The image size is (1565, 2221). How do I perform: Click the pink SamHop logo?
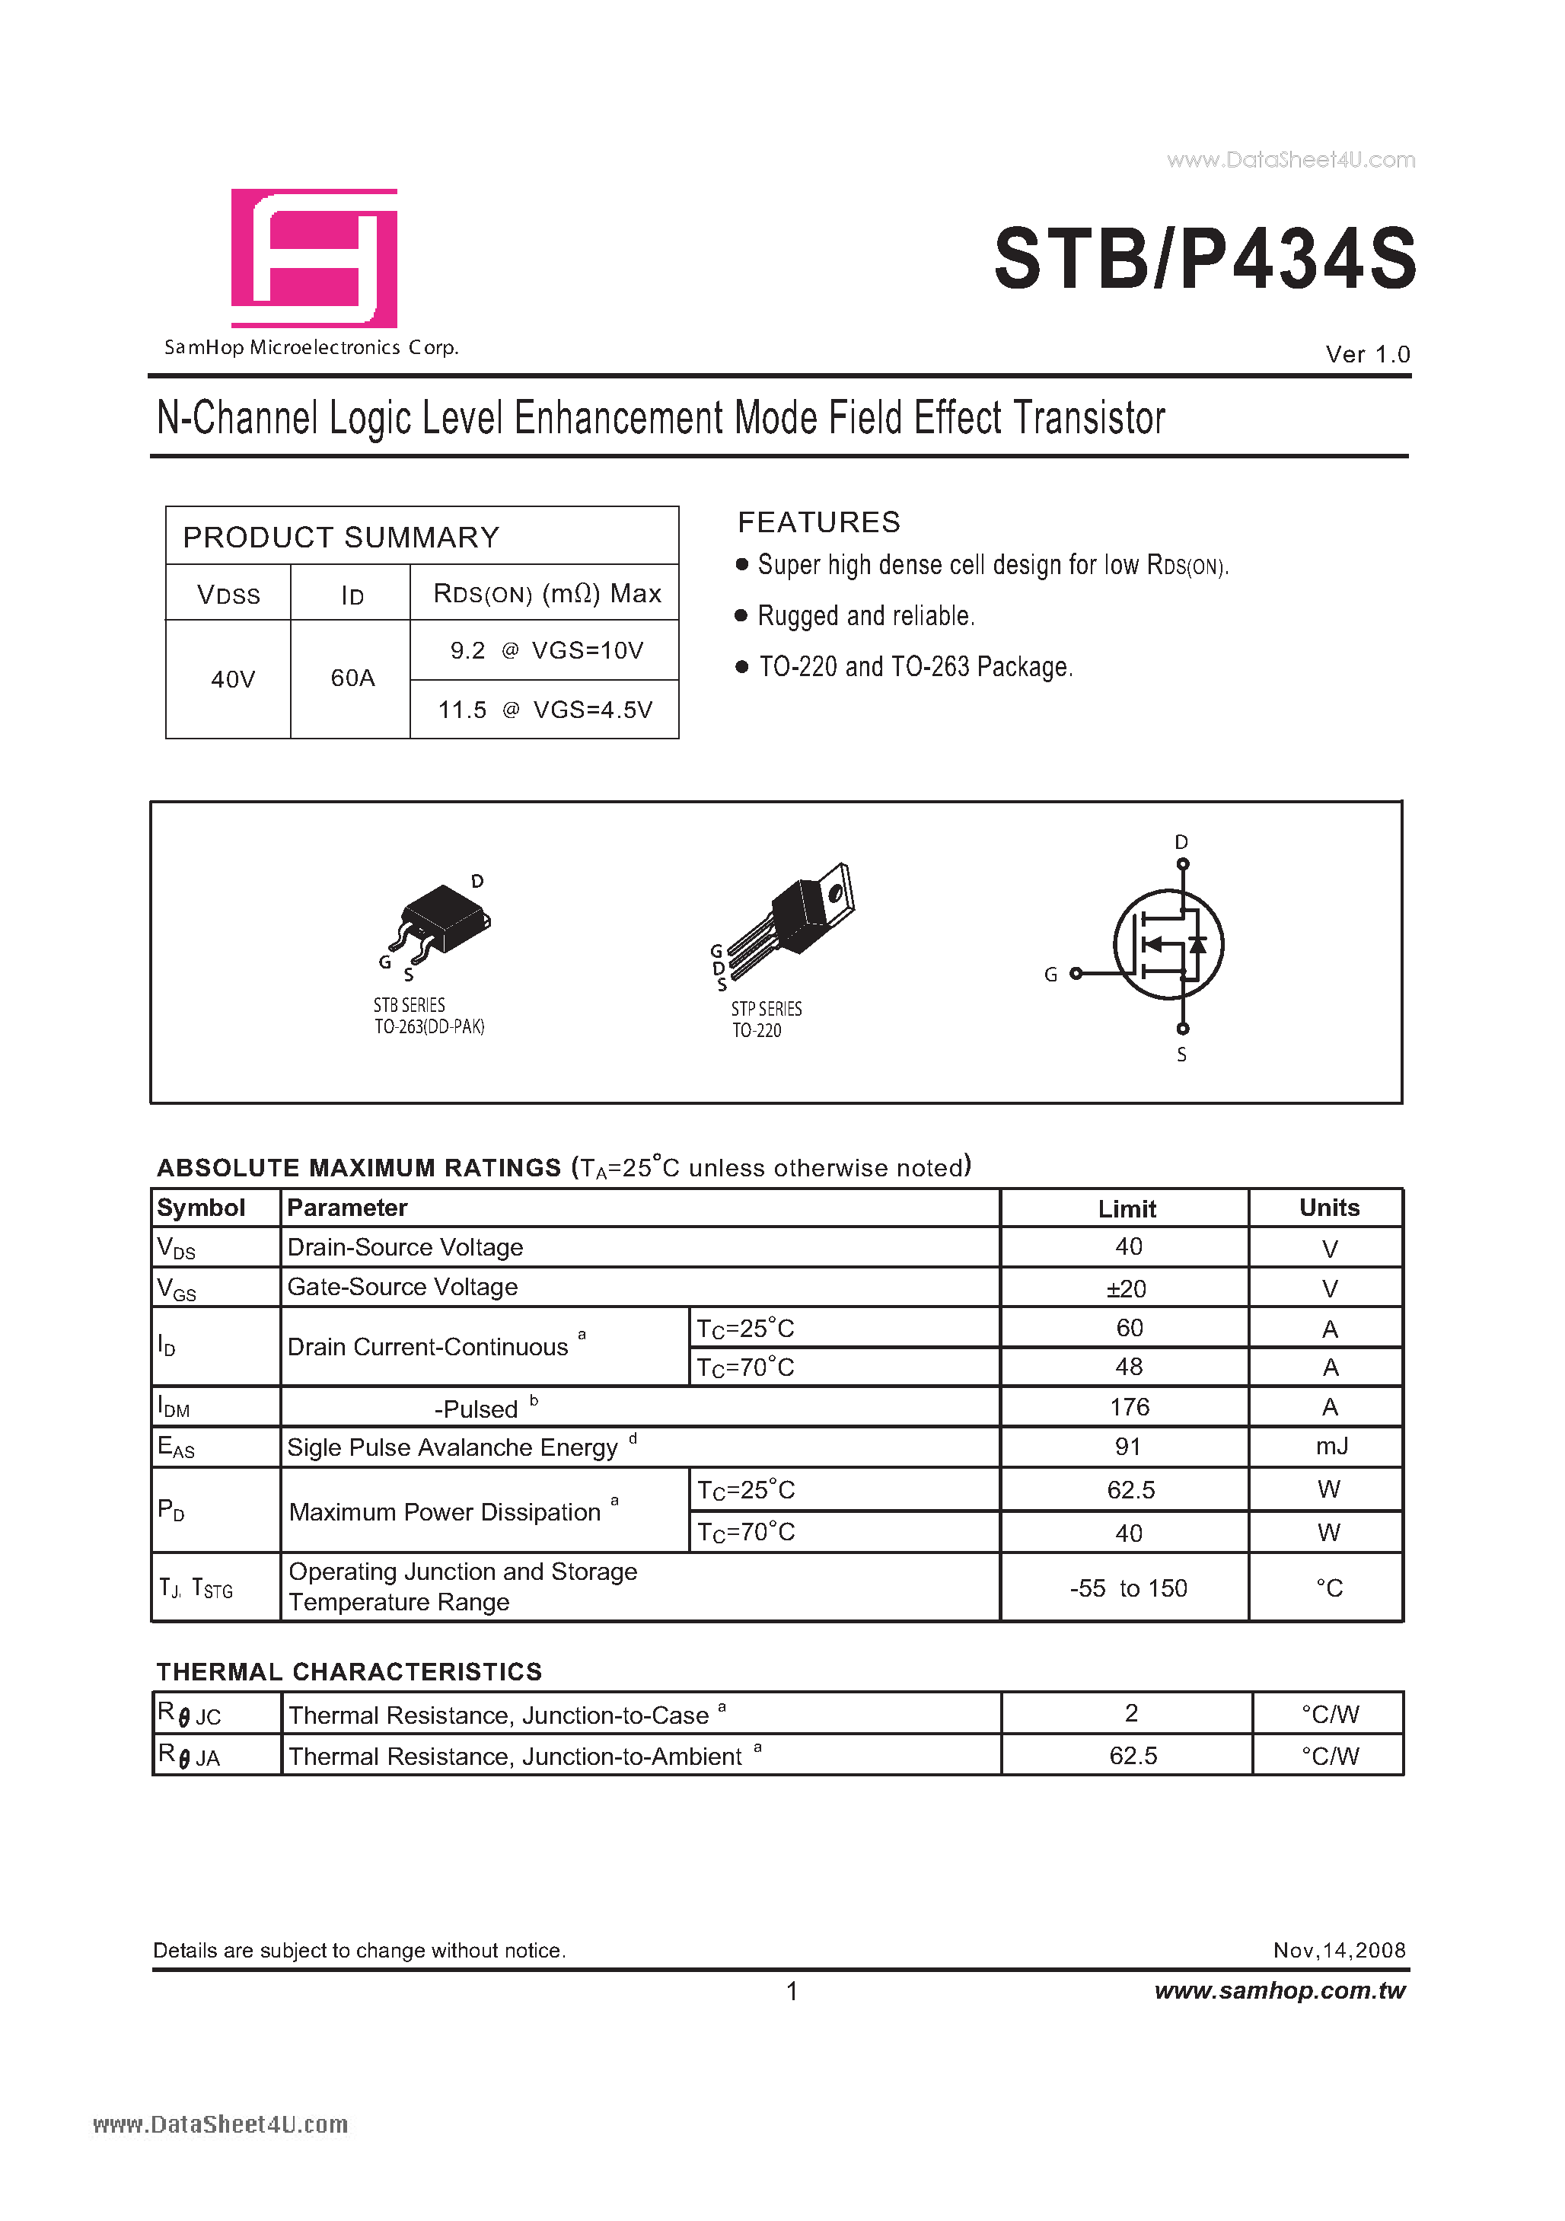coord(314,258)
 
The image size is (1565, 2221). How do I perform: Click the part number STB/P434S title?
coord(1204,259)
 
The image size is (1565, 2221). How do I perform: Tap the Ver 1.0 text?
coord(1367,354)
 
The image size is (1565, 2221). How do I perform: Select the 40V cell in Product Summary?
coord(232,679)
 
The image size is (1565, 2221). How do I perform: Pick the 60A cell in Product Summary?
coord(352,678)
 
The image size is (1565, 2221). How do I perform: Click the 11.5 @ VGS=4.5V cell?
coord(544,710)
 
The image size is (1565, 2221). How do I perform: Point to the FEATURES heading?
coord(818,522)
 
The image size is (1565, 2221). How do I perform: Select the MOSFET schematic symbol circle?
coord(1168,945)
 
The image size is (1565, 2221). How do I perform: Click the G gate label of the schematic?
coord(1050,975)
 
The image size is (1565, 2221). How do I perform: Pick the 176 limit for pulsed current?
coord(1129,1408)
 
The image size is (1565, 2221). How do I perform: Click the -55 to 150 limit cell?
coord(1128,1588)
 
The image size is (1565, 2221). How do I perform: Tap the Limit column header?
coord(1127,1209)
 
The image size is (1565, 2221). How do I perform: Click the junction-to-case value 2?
coord(1130,1714)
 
